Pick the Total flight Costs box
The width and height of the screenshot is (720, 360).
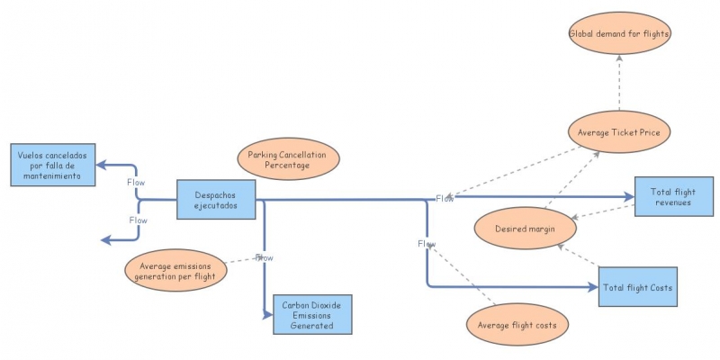636,287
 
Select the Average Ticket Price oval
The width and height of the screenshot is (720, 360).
620,133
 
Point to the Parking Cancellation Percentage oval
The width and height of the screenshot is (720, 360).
288,159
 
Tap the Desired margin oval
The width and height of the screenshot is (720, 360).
524,229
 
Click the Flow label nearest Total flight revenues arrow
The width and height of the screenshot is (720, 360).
445,198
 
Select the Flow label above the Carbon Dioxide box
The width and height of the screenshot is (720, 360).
265,258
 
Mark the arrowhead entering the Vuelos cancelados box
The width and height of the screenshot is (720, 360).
102,165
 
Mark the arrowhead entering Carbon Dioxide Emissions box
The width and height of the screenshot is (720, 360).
267,314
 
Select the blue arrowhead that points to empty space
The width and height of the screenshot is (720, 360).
105,239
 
